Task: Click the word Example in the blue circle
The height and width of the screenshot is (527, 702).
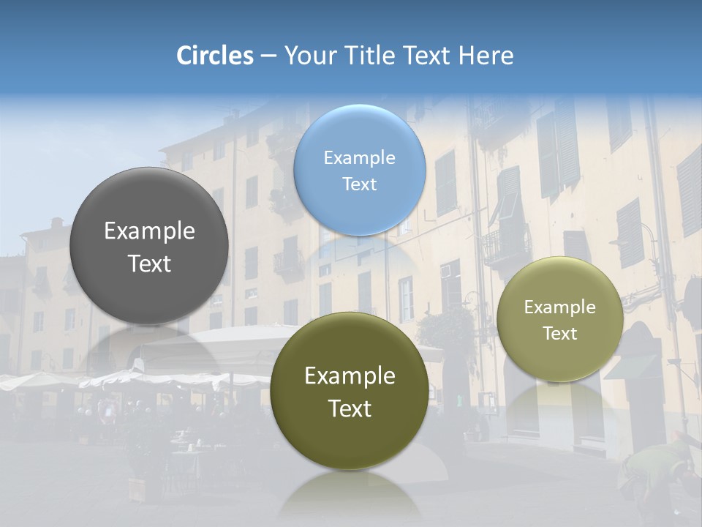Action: [x=359, y=158]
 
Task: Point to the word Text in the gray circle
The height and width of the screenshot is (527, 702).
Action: [x=149, y=263]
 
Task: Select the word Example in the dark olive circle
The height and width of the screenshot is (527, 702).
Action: [x=350, y=376]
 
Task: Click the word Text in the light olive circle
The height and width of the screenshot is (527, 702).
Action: [x=559, y=334]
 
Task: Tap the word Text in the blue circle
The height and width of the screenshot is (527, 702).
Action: [x=359, y=184]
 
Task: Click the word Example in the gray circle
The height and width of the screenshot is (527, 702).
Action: [x=149, y=231]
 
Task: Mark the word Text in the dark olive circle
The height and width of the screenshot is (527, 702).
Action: [x=350, y=408]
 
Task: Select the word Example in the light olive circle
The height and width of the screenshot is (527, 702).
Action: [x=559, y=307]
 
